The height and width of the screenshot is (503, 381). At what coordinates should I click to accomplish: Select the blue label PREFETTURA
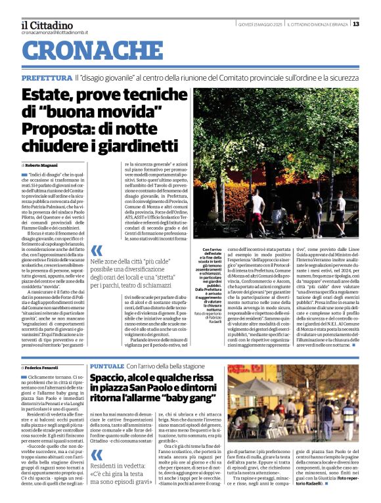tap(45, 77)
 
